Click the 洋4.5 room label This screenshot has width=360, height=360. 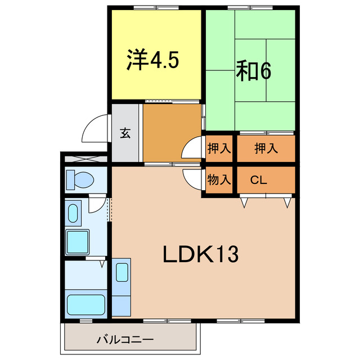click(153, 60)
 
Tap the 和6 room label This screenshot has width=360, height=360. click(253, 71)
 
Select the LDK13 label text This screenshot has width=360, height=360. click(201, 255)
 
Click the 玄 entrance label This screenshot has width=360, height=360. click(125, 133)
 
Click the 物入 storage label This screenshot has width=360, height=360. click(219, 181)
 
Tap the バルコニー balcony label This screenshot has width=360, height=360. click(125, 339)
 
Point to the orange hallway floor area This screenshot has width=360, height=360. click(171, 133)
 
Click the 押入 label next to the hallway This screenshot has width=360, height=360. click(219, 149)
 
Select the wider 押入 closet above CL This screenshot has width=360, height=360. click(265, 149)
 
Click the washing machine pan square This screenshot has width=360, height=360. click(78, 242)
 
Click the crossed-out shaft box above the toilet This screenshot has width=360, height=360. click(84, 159)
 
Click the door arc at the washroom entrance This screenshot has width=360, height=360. click(97, 204)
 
